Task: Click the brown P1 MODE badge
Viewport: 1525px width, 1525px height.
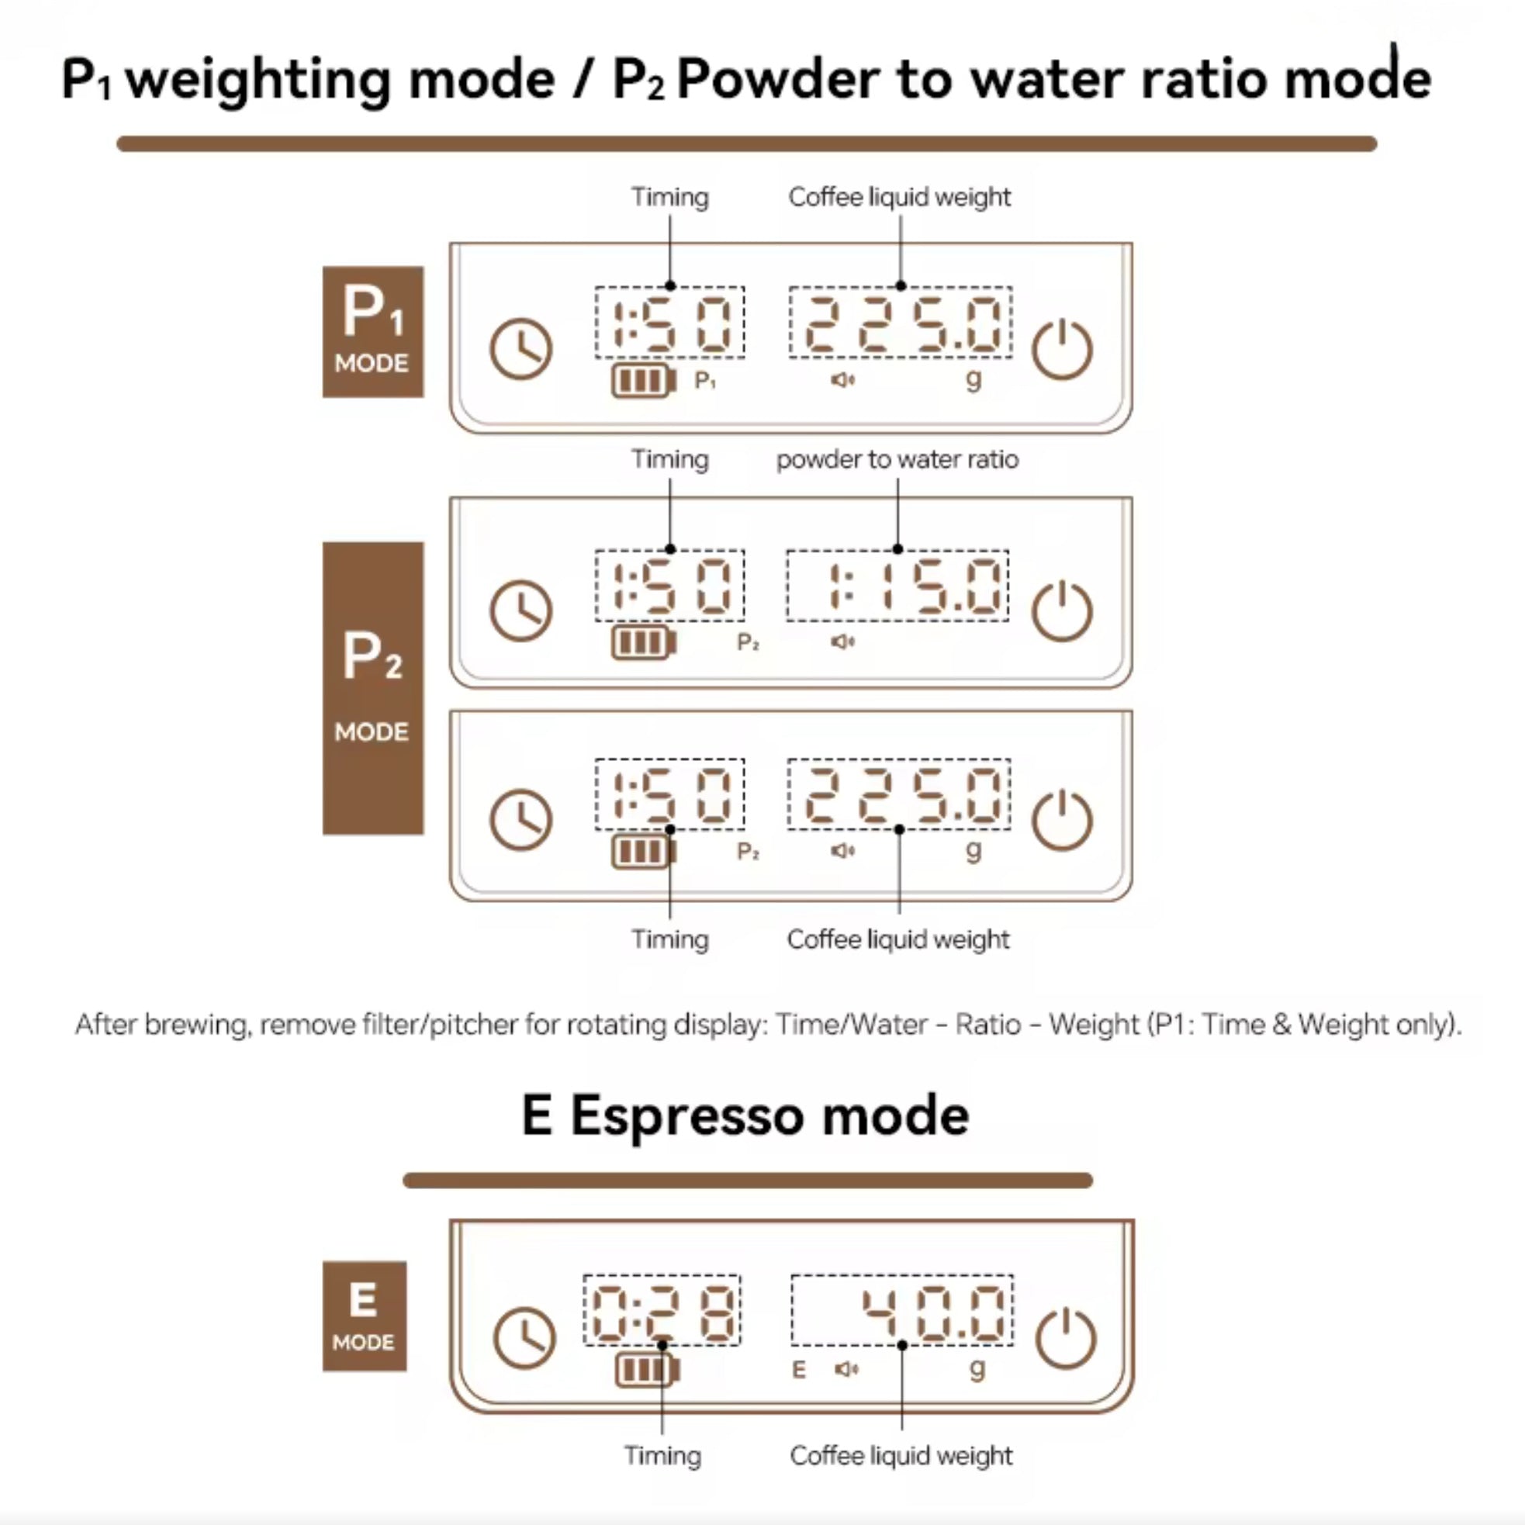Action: pos(372,331)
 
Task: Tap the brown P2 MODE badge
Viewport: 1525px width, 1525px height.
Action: pos(372,687)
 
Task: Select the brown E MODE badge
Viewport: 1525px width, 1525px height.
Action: pos(364,1316)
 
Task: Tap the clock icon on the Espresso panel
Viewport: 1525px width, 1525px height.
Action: pos(524,1339)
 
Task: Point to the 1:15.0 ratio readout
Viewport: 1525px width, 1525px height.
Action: pos(915,586)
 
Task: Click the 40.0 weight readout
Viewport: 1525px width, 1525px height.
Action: pos(933,1314)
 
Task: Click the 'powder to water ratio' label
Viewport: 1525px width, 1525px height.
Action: pos(897,459)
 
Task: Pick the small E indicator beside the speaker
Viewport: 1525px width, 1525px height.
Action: pos(799,1370)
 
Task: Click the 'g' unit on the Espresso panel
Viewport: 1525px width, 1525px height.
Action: pos(977,1368)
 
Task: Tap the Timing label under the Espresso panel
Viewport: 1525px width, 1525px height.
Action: pos(662,1455)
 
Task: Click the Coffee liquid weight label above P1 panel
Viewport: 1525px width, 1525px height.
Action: pos(900,196)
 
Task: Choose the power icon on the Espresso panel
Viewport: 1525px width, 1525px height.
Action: pos(1066,1339)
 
